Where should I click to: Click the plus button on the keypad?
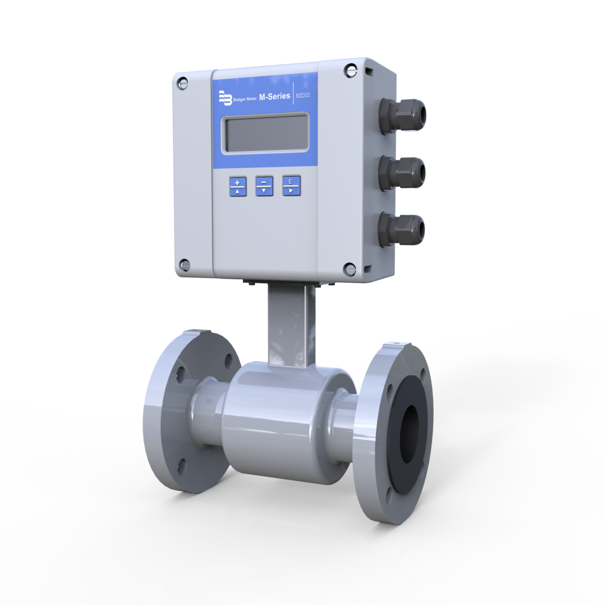(x=237, y=186)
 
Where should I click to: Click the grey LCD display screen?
(x=266, y=132)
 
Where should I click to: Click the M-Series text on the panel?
(x=274, y=96)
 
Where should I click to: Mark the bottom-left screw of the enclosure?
(x=185, y=263)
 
